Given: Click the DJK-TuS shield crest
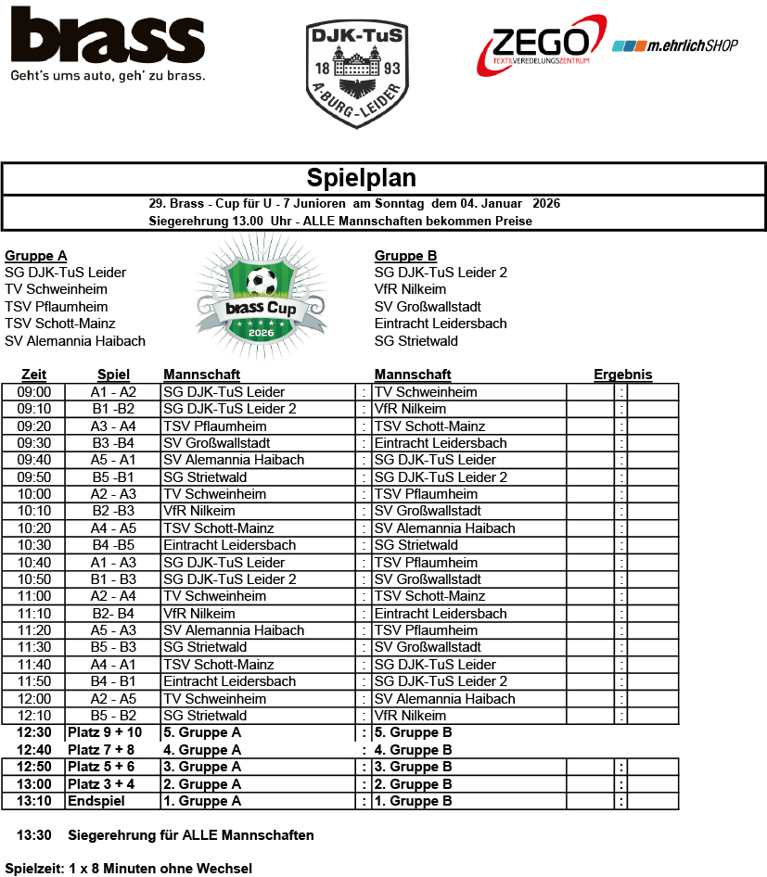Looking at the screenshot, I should click(x=357, y=74).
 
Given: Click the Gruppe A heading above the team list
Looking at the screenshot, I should click(x=36, y=256).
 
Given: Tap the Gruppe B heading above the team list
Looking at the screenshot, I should click(x=405, y=256).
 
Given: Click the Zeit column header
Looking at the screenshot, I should click(x=33, y=375).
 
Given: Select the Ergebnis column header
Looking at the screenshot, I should click(x=622, y=375).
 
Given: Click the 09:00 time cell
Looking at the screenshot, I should click(x=34, y=392).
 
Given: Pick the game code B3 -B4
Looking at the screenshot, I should click(x=113, y=443).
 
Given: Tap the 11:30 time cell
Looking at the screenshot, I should click(x=34, y=647).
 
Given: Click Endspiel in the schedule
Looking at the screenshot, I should click(x=94, y=801).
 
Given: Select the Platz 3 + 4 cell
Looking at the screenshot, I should click(x=101, y=784).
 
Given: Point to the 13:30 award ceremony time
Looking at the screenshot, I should click(x=34, y=835).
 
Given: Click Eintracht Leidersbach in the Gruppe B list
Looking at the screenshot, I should click(x=441, y=324).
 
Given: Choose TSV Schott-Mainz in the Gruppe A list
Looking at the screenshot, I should click(x=60, y=324).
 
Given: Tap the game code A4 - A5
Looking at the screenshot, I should click(x=113, y=528).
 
